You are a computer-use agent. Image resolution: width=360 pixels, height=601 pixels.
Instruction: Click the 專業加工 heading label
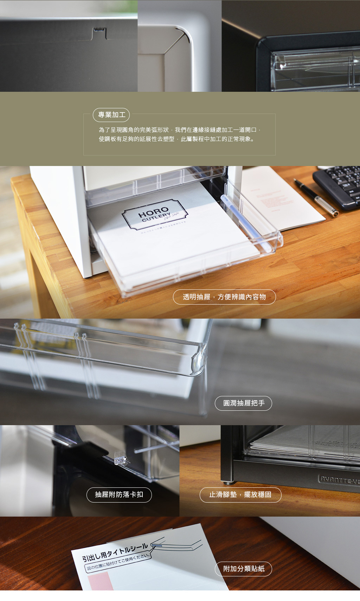pyautogui.click(x=111, y=115)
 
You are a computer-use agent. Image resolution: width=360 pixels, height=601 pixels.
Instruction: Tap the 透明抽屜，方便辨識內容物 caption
pyautogui.click(x=224, y=297)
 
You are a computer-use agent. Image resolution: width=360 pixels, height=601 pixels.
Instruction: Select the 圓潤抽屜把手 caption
pyautogui.click(x=243, y=403)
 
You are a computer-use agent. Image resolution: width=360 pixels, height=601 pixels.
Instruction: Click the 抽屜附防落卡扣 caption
pyautogui.click(x=119, y=495)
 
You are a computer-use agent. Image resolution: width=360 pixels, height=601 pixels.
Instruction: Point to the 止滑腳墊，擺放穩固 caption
pyautogui.click(x=240, y=495)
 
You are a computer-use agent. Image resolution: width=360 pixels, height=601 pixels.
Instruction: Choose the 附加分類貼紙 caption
pyautogui.click(x=243, y=569)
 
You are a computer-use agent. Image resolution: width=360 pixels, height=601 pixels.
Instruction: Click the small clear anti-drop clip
pyautogui.click(x=121, y=458)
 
